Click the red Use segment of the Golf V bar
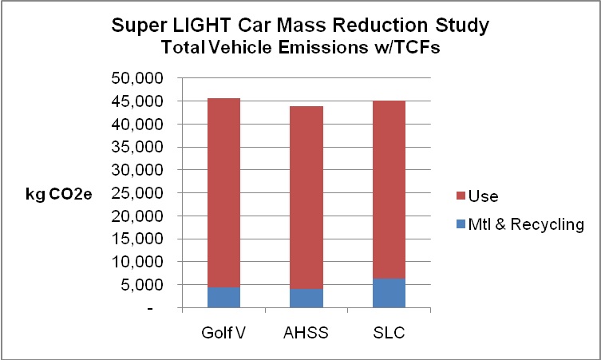coord(224,192)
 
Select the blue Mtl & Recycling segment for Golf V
coord(224,297)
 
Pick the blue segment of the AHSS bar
coord(306,299)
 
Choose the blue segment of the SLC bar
coord(389,293)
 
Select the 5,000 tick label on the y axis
coord(144,285)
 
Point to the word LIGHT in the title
coord(235,25)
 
